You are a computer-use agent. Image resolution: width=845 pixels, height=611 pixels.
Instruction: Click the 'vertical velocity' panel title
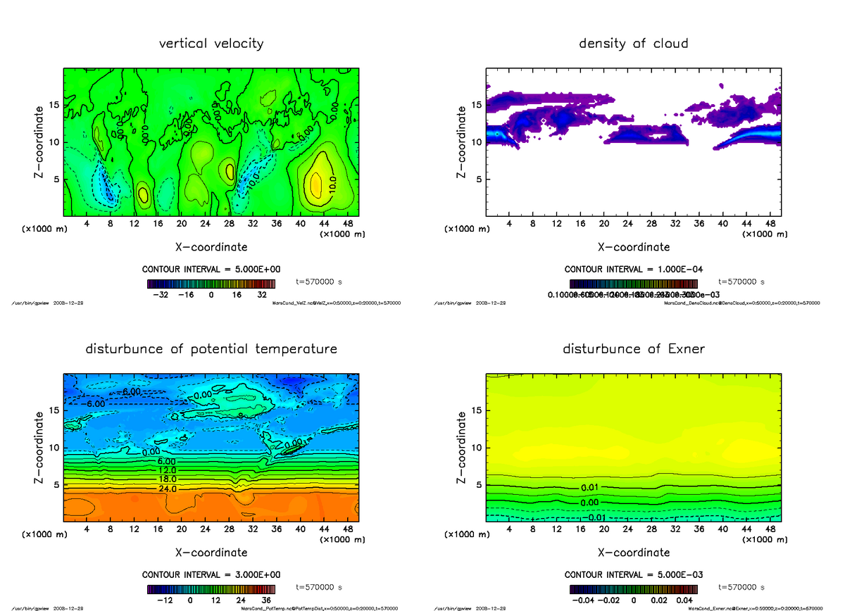[211, 44]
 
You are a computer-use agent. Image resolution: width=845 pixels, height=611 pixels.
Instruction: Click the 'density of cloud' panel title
[633, 44]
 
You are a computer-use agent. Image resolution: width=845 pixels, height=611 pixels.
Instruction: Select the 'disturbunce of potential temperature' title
[211, 349]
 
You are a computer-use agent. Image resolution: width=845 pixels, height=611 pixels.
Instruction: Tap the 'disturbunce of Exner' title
[633, 349]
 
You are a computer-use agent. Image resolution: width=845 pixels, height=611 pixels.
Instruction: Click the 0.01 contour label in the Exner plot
[590, 488]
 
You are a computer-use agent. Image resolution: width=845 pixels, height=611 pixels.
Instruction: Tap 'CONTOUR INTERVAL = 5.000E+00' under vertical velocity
[211, 270]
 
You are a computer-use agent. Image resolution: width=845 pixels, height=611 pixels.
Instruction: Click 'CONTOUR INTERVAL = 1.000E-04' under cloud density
[633, 270]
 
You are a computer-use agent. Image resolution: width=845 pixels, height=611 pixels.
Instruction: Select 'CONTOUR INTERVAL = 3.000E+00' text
[211, 574]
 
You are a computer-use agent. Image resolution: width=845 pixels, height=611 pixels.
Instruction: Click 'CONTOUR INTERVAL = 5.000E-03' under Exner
[633, 574]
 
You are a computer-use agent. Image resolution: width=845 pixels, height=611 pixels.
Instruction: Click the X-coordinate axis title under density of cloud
[633, 247]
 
